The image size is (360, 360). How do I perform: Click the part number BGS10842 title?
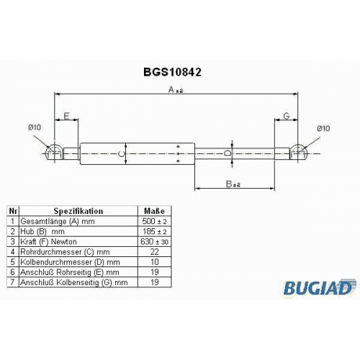(x=172, y=72)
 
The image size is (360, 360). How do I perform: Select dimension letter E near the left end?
(x=66, y=116)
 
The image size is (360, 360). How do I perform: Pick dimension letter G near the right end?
(x=287, y=116)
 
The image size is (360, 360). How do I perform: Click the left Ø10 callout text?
(x=35, y=127)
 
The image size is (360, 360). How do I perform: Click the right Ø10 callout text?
(x=323, y=128)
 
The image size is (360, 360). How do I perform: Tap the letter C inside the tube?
(x=122, y=154)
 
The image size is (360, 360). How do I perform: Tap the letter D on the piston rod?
(x=228, y=153)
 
